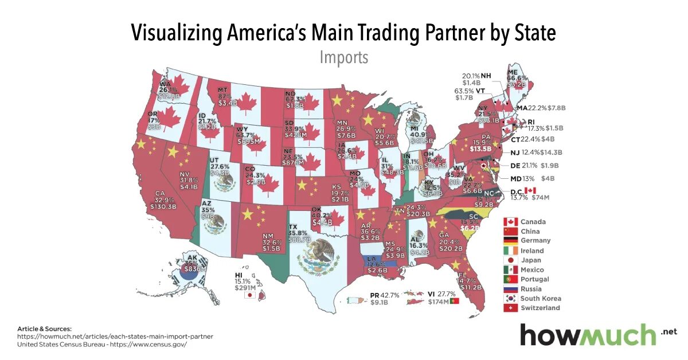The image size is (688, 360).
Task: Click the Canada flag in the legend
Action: click(x=510, y=222)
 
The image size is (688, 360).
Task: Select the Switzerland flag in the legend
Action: click(x=510, y=308)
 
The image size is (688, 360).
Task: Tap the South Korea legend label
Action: click(x=541, y=298)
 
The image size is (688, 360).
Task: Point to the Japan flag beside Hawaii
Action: click(x=249, y=296)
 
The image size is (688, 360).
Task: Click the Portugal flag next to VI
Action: click(x=454, y=301)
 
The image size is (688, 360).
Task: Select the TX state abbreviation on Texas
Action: click(x=292, y=227)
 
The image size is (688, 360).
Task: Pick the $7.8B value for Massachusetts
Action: click(x=556, y=108)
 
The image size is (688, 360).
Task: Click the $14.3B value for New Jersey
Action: click(x=551, y=152)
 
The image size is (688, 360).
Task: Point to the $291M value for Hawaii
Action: click(x=245, y=287)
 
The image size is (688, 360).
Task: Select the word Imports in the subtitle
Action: click(x=343, y=58)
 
